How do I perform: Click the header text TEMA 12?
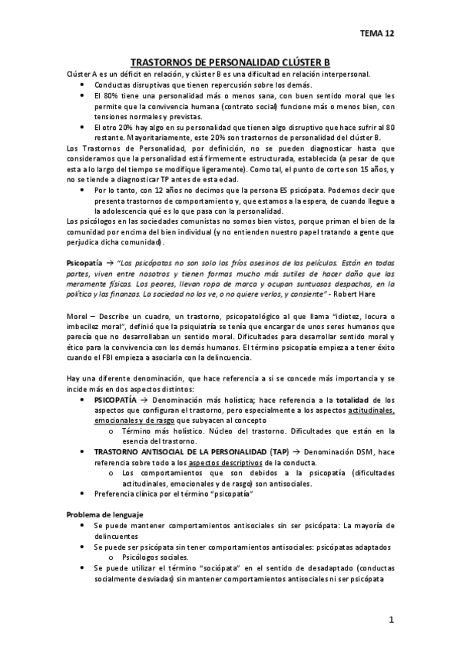tap(377, 33)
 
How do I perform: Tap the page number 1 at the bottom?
tap(391, 619)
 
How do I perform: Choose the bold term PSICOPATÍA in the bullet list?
tap(115, 400)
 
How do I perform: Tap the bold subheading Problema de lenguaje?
tap(104, 514)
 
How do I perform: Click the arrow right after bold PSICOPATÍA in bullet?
tap(146, 400)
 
